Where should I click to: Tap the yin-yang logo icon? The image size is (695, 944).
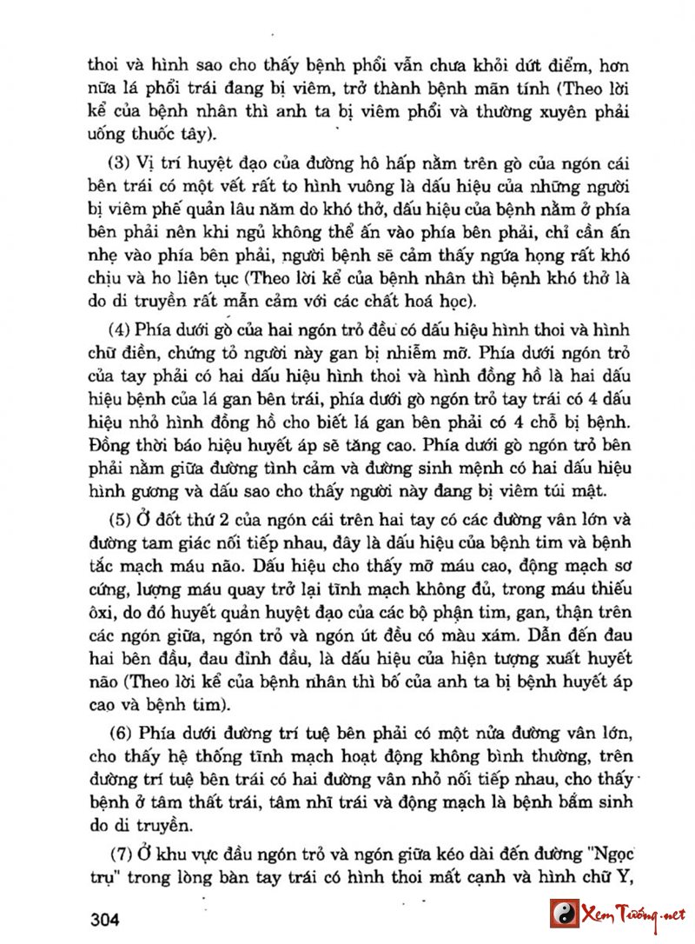[563, 914]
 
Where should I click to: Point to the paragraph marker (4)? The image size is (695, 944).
[119, 333]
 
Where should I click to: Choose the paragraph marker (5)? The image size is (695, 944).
[119, 522]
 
